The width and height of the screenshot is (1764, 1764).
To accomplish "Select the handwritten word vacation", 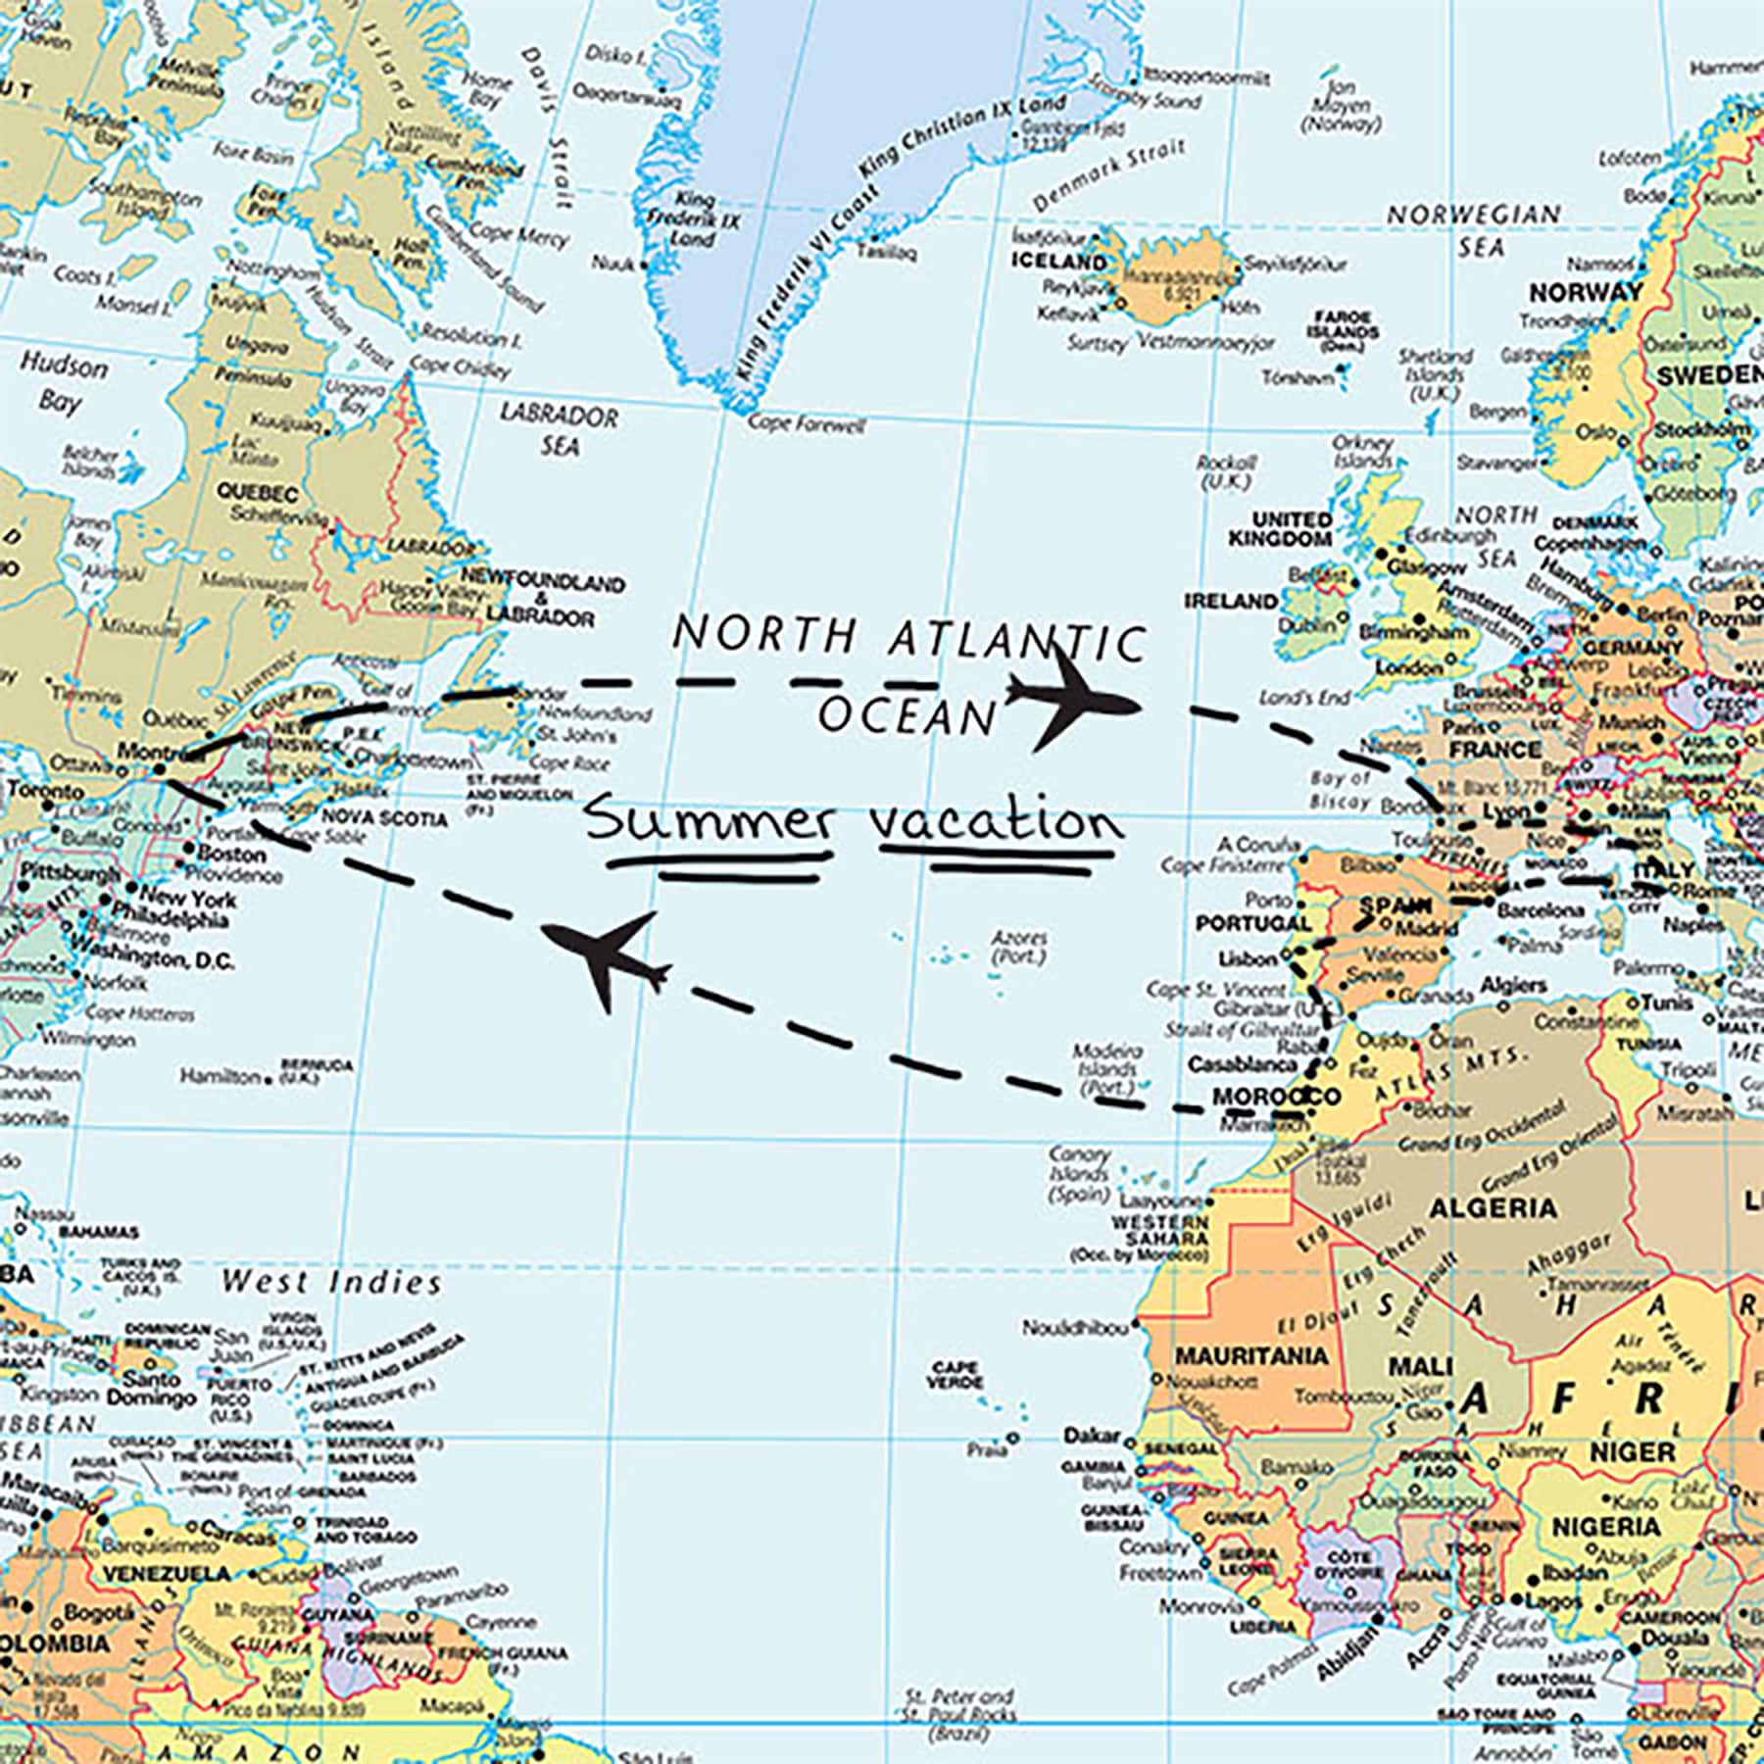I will click(x=997, y=821).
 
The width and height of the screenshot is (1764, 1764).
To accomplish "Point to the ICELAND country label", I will click(x=1058, y=262).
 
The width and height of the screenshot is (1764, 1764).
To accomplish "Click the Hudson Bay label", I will click(x=63, y=383).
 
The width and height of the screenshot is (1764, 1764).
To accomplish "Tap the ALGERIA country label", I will click(x=1493, y=1207).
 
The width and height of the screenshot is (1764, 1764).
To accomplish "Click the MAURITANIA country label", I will click(x=1251, y=1356).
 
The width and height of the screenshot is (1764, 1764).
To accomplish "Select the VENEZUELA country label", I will click(x=168, y=1574).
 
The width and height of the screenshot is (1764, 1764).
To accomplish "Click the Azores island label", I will click(x=1019, y=947).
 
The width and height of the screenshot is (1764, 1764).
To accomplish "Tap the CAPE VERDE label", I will click(x=955, y=1374).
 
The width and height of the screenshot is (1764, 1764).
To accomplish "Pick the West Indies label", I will click(x=331, y=1281).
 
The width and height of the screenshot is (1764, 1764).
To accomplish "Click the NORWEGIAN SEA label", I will click(x=1474, y=229).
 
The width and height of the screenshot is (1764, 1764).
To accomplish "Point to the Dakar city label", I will click(x=1091, y=1436).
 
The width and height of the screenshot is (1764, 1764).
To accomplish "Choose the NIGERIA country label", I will click(x=1606, y=1527).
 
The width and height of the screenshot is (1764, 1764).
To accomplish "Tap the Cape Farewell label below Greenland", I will click(x=807, y=425).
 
